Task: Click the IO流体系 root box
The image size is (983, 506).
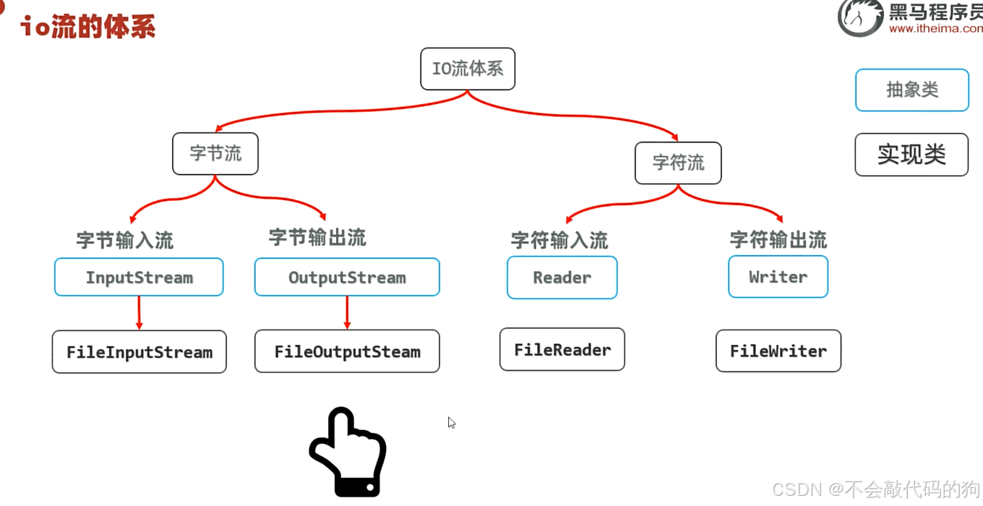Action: click(468, 69)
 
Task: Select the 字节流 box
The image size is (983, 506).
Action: click(215, 153)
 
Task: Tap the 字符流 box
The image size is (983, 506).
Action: click(678, 163)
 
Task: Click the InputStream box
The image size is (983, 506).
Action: click(139, 277)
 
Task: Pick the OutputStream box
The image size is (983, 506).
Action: click(347, 277)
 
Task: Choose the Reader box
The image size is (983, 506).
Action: click(562, 277)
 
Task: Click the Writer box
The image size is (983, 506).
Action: click(778, 276)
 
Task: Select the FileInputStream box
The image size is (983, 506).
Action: click(139, 352)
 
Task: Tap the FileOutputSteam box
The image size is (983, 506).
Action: click(347, 351)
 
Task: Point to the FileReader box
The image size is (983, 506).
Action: click(562, 349)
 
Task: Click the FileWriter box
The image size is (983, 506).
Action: click(778, 351)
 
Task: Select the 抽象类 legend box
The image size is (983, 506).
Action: click(912, 90)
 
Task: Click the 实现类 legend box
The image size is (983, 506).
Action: click(911, 155)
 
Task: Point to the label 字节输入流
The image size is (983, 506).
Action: click(125, 240)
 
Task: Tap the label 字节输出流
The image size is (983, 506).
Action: click(317, 237)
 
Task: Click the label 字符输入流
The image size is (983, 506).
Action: click(559, 240)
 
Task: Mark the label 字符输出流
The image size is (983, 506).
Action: click(778, 239)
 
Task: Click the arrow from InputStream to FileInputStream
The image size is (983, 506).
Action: click(139, 313)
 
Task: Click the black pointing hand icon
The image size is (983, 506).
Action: click(348, 453)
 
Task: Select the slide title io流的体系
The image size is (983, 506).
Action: click(87, 27)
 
